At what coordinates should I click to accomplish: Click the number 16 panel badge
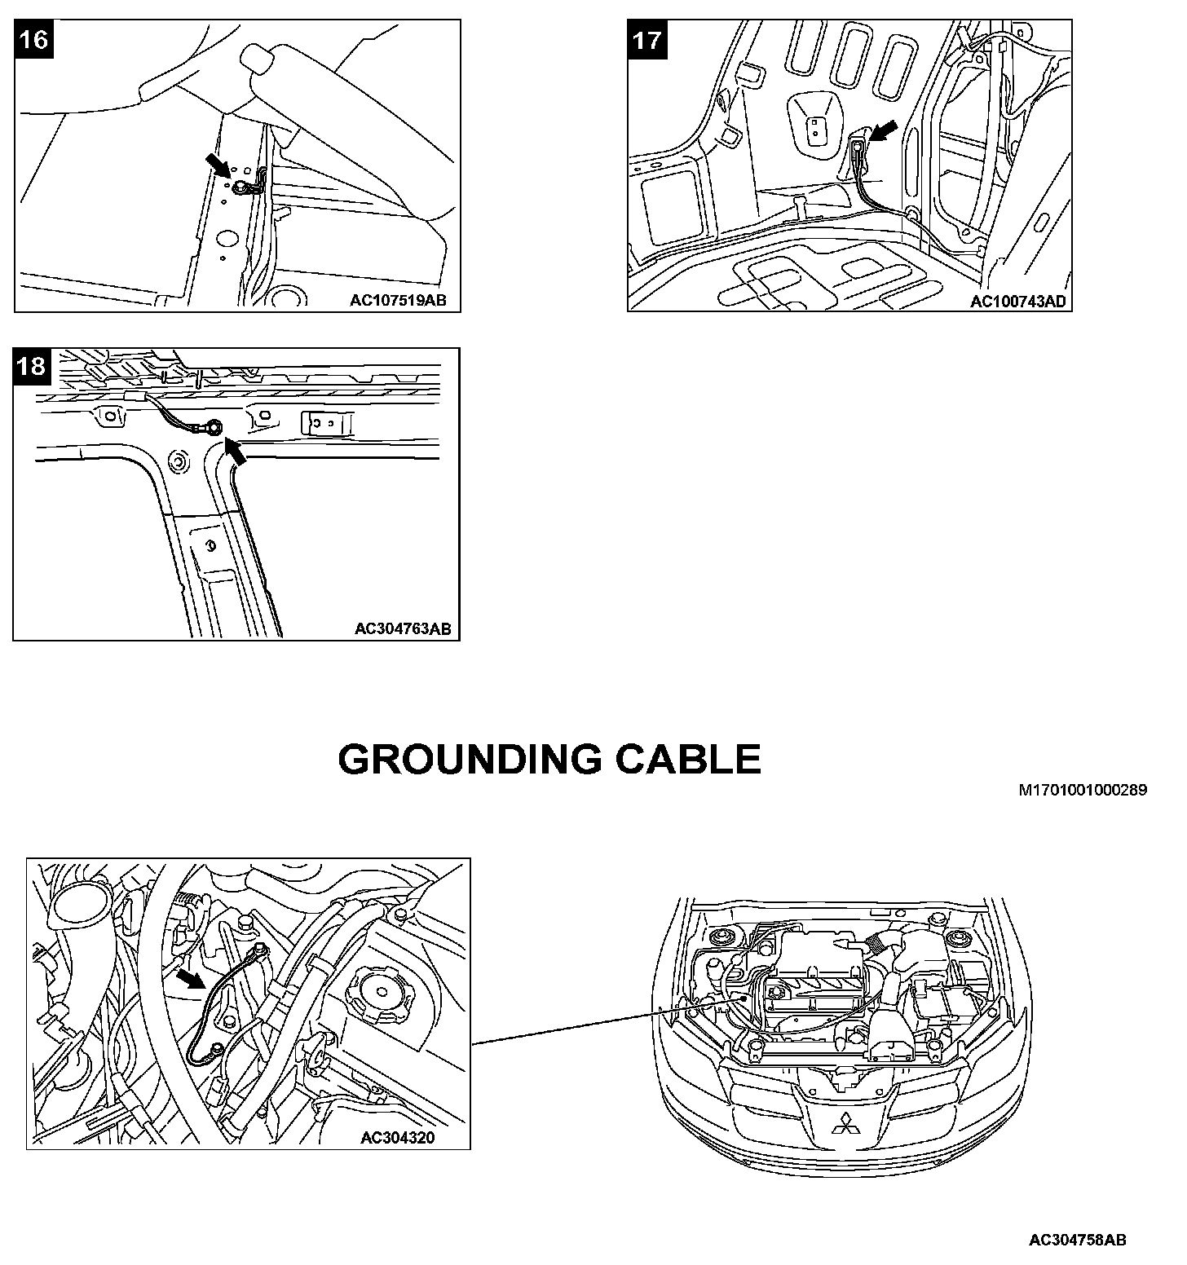33,39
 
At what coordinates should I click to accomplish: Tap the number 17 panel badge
647,39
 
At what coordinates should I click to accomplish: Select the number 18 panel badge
32,366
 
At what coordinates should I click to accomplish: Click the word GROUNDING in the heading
470,760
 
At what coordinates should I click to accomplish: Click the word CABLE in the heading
688,760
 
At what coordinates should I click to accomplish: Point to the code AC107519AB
398,300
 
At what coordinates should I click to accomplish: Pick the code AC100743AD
1017,302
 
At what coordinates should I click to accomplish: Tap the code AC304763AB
403,628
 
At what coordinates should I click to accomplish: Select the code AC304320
398,1138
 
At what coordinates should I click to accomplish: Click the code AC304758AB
1077,1241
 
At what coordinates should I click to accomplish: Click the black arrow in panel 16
218,167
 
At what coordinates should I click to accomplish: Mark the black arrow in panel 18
235,450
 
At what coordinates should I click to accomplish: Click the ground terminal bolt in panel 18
214,426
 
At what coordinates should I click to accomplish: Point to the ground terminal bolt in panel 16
241,188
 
